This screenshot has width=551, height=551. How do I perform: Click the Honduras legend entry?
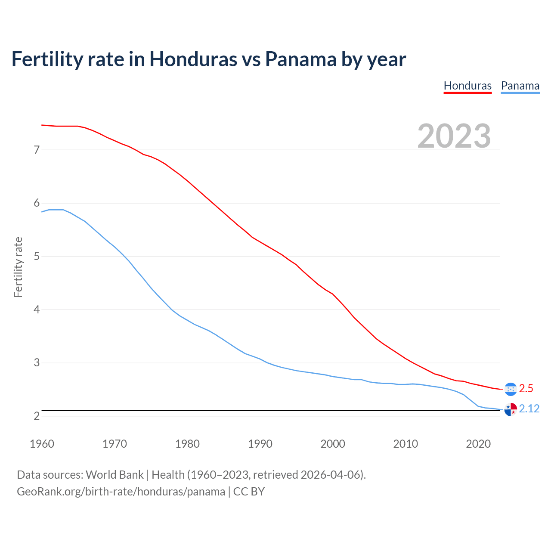(467, 86)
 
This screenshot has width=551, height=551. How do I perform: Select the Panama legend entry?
(520, 86)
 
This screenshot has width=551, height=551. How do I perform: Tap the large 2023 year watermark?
(454, 136)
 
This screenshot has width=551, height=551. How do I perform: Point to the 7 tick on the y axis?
(37, 150)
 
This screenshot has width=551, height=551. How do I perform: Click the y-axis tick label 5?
(37, 257)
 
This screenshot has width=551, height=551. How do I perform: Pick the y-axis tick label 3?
(37, 363)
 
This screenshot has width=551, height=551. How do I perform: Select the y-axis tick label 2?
(37, 416)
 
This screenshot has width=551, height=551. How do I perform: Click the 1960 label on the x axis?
(42, 444)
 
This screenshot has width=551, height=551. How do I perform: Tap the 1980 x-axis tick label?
(187, 444)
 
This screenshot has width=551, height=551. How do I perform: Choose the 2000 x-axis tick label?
(333, 444)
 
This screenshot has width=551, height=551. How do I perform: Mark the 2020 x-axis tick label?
(478, 444)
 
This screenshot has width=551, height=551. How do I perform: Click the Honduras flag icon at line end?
(511, 389)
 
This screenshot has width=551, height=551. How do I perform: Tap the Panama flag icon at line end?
(511, 409)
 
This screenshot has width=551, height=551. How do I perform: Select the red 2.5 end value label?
(526, 389)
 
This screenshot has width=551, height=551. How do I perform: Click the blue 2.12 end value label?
(529, 409)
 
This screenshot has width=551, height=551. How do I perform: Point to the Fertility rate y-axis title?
(18, 267)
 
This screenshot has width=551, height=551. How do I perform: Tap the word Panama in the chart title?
(300, 59)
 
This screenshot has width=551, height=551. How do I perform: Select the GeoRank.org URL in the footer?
(121, 492)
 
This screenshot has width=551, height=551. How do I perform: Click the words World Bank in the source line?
(115, 475)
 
